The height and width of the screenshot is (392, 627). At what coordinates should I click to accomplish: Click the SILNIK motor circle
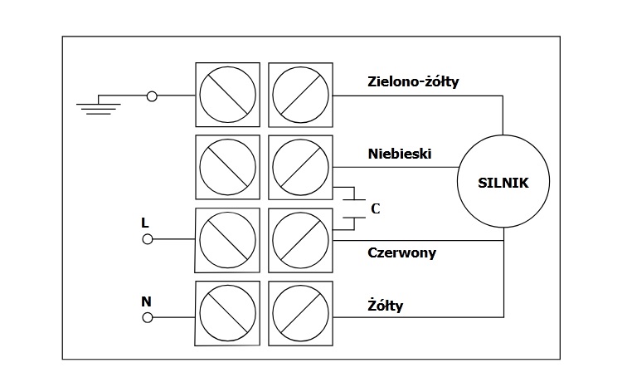click(x=503, y=181)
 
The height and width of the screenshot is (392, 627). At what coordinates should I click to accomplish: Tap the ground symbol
click(x=99, y=106)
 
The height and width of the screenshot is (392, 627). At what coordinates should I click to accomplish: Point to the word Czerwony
click(x=401, y=252)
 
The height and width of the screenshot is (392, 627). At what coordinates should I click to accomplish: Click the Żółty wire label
click(x=385, y=306)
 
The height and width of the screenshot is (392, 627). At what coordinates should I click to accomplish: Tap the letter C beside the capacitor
click(x=375, y=208)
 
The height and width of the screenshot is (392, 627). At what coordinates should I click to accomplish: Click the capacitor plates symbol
click(x=353, y=208)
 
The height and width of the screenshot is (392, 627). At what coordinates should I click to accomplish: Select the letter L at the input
click(x=145, y=223)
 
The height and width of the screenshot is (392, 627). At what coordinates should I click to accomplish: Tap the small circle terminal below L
click(x=148, y=239)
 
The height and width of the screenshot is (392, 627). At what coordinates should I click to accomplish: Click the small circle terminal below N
click(x=148, y=317)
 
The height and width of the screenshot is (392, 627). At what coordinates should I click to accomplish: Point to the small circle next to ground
click(x=152, y=96)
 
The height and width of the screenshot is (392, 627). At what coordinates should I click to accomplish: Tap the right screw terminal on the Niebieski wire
click(x=300, y=165)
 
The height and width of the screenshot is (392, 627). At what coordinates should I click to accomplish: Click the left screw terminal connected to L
click(x=227, y=239)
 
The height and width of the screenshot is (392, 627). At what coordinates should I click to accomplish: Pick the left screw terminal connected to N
click(x=227, y=313)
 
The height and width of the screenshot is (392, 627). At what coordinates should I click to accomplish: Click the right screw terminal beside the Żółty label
click(x=300, y=313)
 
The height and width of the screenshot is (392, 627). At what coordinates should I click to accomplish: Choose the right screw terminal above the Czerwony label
click(x=300, y=239)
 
